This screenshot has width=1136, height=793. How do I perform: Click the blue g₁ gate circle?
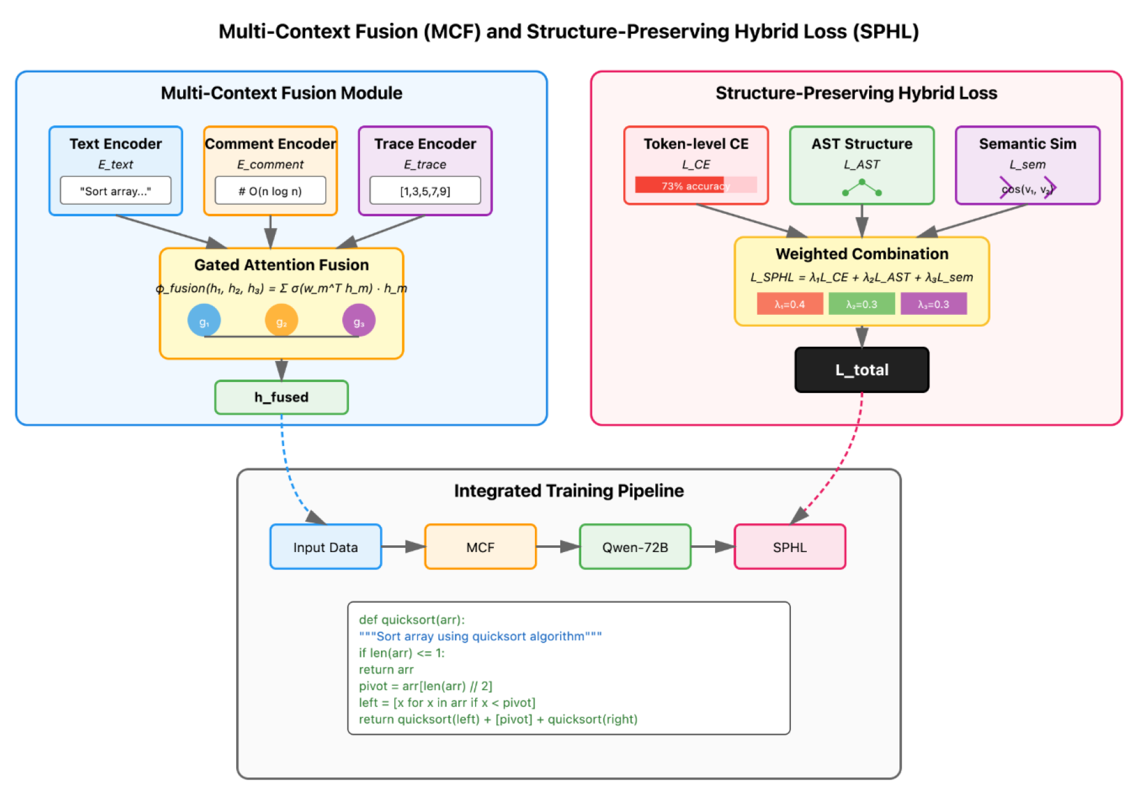pyautogui.click(x=204, y=321)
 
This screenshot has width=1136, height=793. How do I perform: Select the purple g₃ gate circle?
pyautogui.click(x=359, y=321)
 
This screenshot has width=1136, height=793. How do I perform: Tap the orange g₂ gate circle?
pyautogui.click(x=281, y=321)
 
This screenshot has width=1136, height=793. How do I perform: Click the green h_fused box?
pyautogui.click(x=281, y=397)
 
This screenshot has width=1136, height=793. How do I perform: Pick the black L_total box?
pyautogui.click(x=861, y=370)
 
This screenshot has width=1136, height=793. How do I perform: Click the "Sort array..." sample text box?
pyautogui.click(x=115, y=191)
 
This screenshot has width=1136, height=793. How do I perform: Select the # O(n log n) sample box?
pyautogui.click(x=270, y=191)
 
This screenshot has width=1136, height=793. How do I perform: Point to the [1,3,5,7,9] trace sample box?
pyautogui.click(x=425, y=191)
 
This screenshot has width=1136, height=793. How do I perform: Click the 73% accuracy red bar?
pyautogui.click(x=680, y=185)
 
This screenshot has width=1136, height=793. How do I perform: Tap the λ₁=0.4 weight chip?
pyautogui.click(x=790, y=304)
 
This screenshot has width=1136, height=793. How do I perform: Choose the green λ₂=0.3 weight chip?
pyautogui.click(x=861, y=304)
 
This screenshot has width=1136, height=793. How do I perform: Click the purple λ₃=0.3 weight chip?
pyautogui.click(x=933, y=304)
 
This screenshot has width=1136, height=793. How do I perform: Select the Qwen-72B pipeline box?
pyautogui.click(x=635, y=547)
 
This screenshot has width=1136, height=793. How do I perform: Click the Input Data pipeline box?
pyautogui.click(x=325, y=547)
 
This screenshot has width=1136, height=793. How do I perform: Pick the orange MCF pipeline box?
pyautogui.click(x=480, y=547)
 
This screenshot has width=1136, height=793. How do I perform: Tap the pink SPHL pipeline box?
pyautogui.click(x=790, y=547)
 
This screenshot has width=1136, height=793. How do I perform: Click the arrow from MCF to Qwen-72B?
pyautogui.click(x=558, y=547)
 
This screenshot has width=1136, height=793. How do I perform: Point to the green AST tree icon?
pyautogui.click(x=862, y=188)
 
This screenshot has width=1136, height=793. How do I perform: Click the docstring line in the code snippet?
pyautogui.click(x=480, y=636)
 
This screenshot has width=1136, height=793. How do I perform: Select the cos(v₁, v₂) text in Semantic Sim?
pyautogui.click(x=1028, y=189)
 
